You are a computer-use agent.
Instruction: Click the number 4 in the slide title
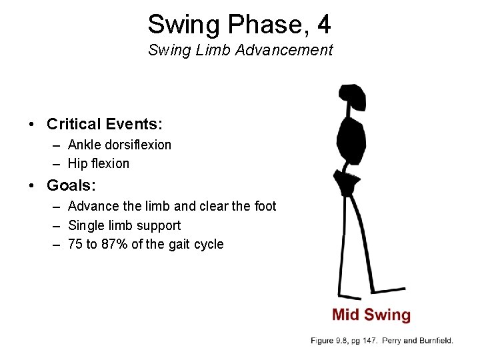click(x=323, y=25)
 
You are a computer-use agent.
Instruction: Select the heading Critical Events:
click(x=105, y=124)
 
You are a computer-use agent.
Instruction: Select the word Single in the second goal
click(x=87, y=225)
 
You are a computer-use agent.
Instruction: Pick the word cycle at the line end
click(x=207, y=244)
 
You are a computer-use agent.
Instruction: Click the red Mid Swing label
click(x=371, y=315)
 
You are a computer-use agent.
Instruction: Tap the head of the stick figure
click(x=352, y=98)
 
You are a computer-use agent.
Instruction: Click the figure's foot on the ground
click(x=350, y=295)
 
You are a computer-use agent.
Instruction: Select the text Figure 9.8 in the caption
click(x=332, y=341)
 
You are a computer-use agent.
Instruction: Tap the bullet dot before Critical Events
click(x=31, y=125)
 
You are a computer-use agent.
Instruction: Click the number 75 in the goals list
click(x=75, y=244)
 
